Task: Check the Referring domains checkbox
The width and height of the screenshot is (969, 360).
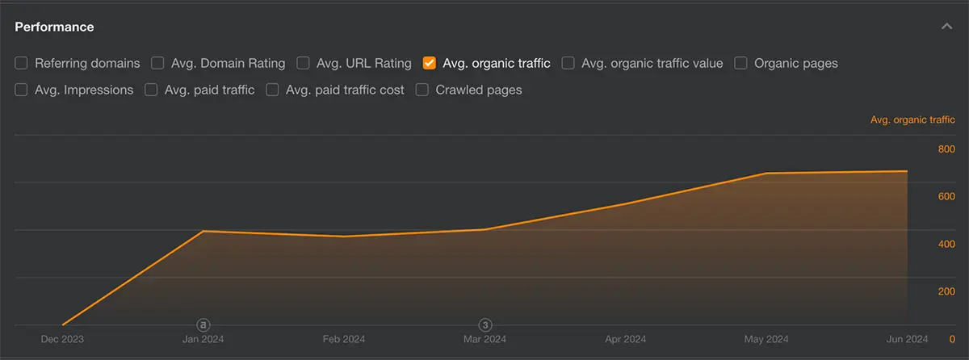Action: pos(21,63)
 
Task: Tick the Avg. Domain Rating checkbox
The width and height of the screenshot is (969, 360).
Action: pos(157,63)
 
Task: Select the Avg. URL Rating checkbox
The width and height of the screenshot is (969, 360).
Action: pos(303,63)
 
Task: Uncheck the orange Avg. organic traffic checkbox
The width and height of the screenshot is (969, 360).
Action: pos(430,63)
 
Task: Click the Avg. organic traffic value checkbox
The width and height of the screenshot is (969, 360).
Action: pos(568,63)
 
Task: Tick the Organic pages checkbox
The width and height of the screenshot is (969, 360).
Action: pos(740,63)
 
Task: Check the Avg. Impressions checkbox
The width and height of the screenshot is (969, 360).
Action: pos(21,90)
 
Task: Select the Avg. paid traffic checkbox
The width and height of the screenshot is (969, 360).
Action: pos(151,90)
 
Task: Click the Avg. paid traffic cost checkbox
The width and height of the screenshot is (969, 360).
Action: pos(272,90)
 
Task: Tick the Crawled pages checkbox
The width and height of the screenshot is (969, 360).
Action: pos(422,90)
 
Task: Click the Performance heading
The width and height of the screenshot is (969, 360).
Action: pos(54,27)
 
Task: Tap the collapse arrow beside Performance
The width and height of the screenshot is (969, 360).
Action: pos(946,27)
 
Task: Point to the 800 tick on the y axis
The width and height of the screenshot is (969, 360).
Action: pos(946,149)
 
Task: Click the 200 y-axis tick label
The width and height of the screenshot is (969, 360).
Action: pos(946,291)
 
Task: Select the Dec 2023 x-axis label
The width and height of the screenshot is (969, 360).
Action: pos(62,339)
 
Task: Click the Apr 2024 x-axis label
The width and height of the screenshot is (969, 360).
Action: pos(625,339)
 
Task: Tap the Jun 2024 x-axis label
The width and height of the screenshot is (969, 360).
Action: pos(907,339)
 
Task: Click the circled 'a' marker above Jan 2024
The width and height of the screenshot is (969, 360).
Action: pos(203,324)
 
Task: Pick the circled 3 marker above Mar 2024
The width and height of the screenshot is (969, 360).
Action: pos(485,324)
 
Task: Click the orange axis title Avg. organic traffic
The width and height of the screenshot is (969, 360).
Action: pos(912,119)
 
